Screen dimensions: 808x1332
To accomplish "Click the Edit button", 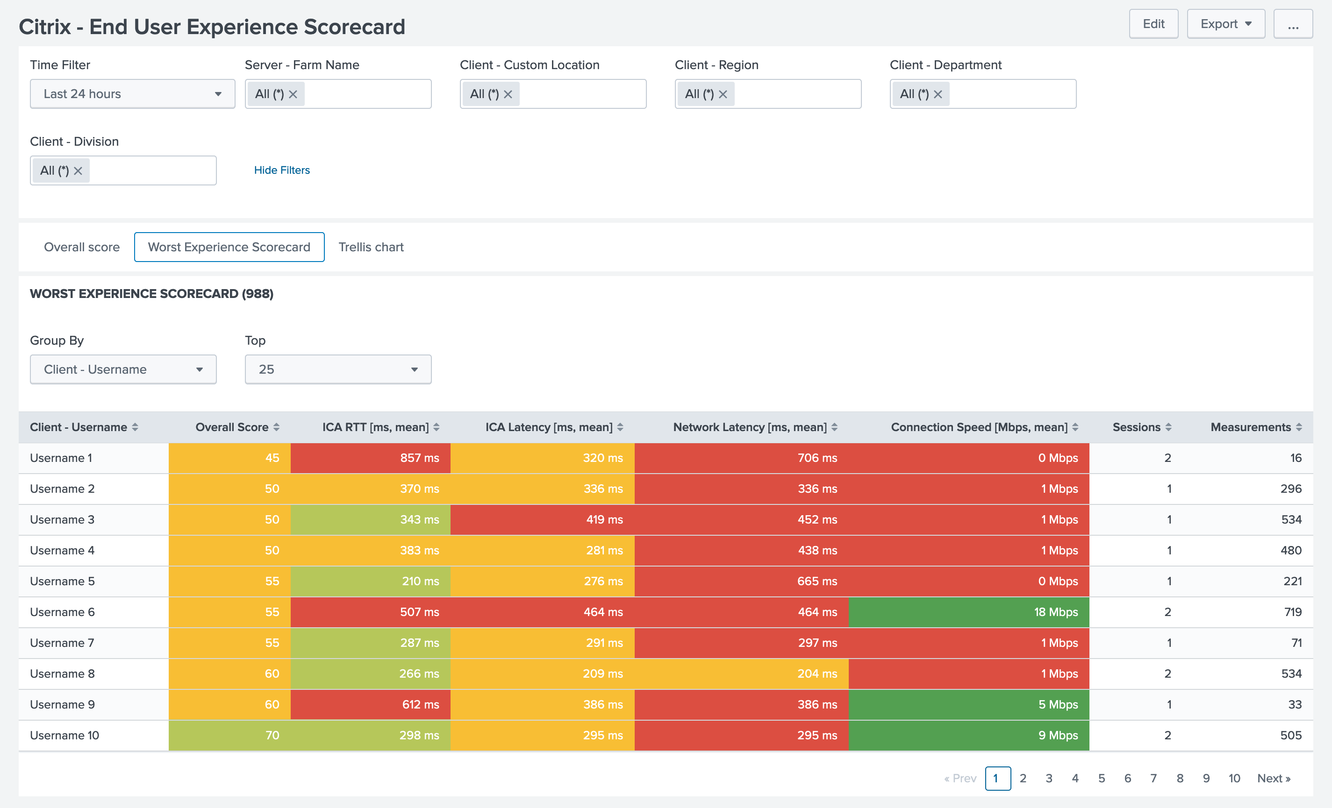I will click(1153, 24).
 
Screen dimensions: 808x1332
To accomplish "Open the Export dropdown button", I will click(1225, 24).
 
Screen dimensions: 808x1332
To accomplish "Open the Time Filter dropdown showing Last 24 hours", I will click(132, 94).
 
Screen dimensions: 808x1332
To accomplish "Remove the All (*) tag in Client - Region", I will click(723, 94).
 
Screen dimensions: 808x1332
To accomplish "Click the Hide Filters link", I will click(282, 170).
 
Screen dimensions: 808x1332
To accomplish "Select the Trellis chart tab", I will click(371, 247).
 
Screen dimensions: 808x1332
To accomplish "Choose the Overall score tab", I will click(82, 247).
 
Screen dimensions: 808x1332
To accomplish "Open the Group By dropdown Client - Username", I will click(123, 369).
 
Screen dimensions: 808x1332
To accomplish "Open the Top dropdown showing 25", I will click(338, 369).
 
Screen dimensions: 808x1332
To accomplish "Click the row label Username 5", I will click(62, 581).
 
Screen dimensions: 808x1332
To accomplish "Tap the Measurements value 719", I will click(1293, 612).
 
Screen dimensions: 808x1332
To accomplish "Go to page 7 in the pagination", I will click(1153, 778).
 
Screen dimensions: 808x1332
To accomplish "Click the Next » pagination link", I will click(1273, 778).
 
